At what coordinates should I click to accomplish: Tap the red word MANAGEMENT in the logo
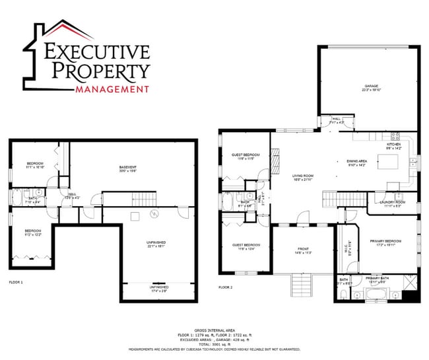tap(112, 89)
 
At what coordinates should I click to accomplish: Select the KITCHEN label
tap(394, 144)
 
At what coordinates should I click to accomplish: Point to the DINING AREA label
tap(356, 161)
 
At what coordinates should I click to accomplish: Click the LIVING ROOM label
tap(304, 176)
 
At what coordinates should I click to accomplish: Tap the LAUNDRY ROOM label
tap(391, 202)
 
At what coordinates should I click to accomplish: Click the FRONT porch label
tap(304, 250)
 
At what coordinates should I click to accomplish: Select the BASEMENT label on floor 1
tap(128, 166)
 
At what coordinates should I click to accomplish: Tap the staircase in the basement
tap(143, 198)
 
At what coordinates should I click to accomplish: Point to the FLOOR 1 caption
tap(16, 282)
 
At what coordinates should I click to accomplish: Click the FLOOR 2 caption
tap(226, 287)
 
